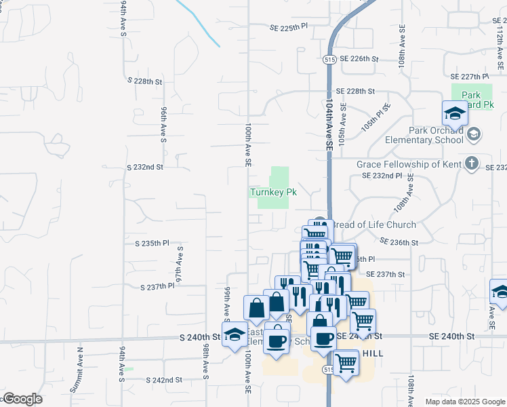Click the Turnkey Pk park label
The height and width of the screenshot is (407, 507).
click(274, 192)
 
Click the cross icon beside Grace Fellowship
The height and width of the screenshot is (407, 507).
click(472, 164)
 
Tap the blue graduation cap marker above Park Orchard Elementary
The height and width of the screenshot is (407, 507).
click(455, 113)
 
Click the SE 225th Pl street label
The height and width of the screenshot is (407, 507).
click(289, 27)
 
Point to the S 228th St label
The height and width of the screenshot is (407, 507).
click(145, 81)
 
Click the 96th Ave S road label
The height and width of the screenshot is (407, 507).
click(163, 124)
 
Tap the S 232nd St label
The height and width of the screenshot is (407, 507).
click(145, 167)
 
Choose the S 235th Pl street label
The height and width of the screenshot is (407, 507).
click(148, 242)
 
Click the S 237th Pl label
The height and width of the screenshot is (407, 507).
click(157, 287)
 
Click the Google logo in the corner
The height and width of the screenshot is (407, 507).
click(22, 399)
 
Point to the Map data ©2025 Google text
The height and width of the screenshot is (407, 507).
click(465, 402)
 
